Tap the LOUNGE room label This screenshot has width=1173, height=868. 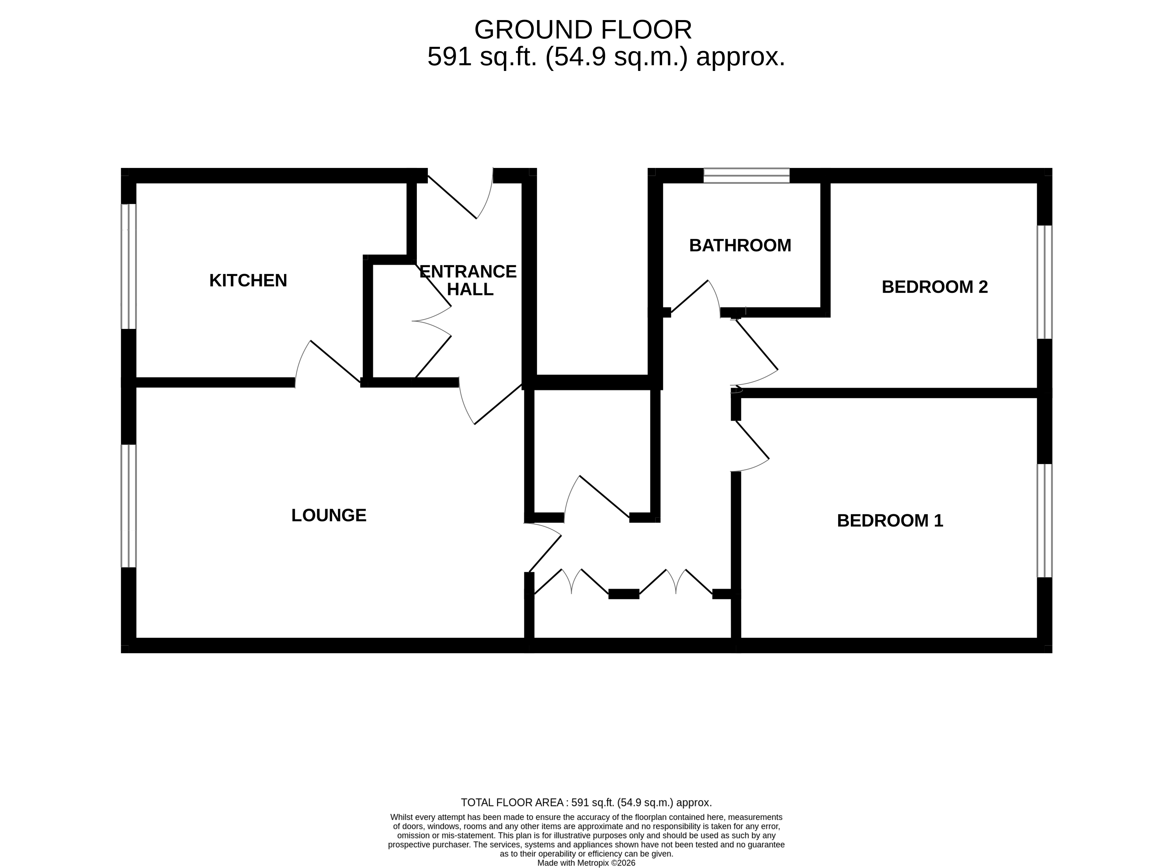(329, 515)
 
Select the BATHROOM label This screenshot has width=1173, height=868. (740, 245)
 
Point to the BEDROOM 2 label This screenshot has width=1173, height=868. (935, 287)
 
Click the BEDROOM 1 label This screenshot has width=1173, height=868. (890, 521)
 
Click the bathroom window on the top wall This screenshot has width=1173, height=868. (746, 175)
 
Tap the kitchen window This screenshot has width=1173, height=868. (129, 266)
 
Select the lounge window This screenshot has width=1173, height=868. (129, 506)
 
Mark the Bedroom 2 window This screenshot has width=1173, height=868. (1044, 282)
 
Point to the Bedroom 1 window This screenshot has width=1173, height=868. (1044, 521)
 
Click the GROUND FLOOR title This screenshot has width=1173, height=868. (583, 30)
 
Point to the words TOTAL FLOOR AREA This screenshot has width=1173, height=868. (512, 803)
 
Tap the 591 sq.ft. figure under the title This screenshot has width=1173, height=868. (482, 57)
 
